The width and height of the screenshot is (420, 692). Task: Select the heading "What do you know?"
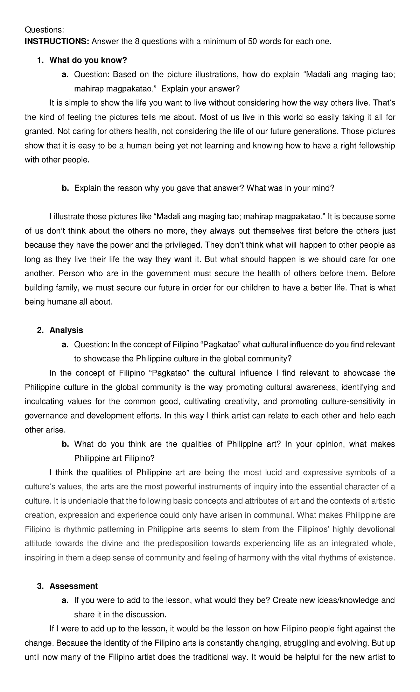(x=88, y=60)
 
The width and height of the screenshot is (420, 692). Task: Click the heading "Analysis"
(x=66, y=330)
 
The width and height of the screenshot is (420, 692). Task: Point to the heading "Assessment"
(x=74, y=586)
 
